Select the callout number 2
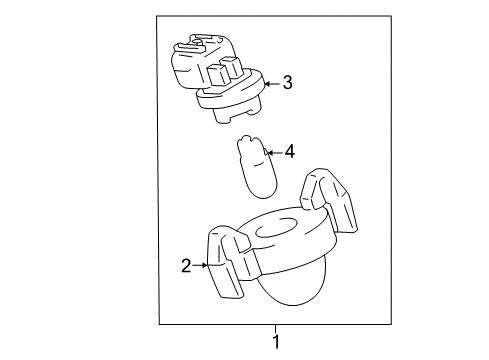(185, 265)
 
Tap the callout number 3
(287, 84)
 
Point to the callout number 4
(290, 152)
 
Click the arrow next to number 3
(271, 84)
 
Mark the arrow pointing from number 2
(199, 265)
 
